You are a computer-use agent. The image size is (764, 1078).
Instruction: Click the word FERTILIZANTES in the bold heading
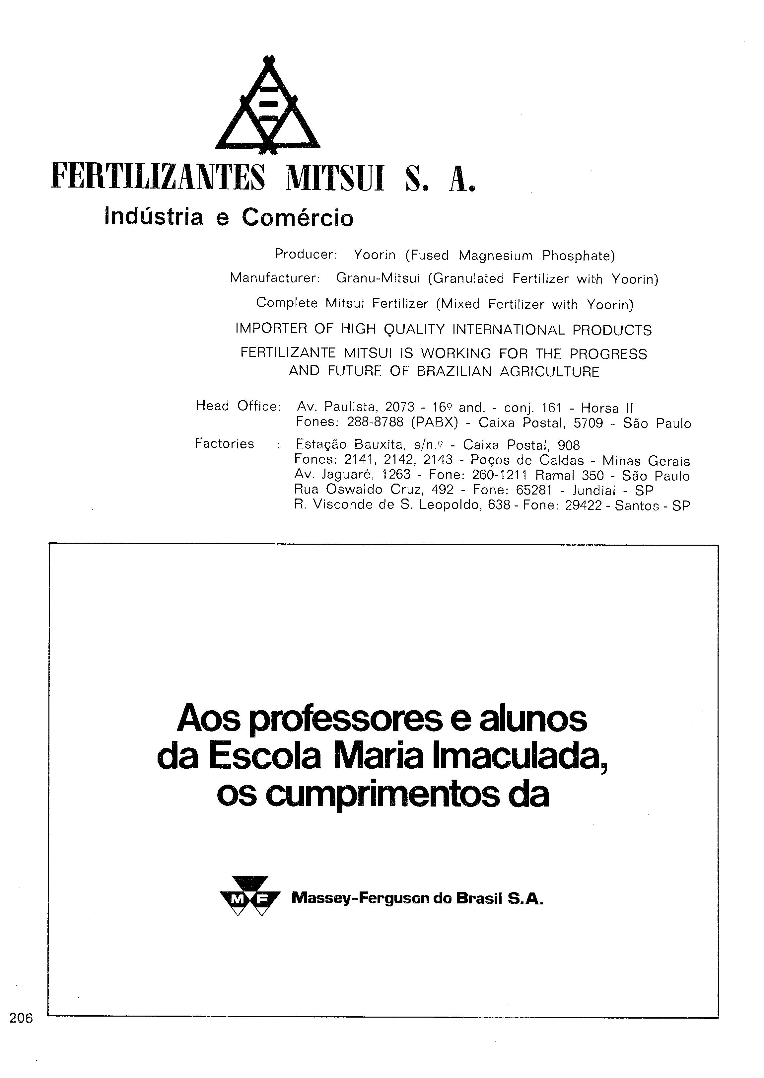tap(158, 177)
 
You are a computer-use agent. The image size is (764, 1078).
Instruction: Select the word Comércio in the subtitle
tap(297, 217)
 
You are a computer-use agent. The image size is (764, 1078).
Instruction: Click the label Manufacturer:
tap(275, 278)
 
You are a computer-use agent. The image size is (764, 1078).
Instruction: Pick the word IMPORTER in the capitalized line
tap(270, 329)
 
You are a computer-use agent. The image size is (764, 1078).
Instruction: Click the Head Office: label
tap(238, 406)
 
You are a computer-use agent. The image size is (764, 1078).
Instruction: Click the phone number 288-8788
tap(375, 422)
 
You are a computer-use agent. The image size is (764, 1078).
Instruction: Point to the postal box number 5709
tap(588, 423)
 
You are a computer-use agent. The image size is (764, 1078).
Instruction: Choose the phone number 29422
tap(583, 506)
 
